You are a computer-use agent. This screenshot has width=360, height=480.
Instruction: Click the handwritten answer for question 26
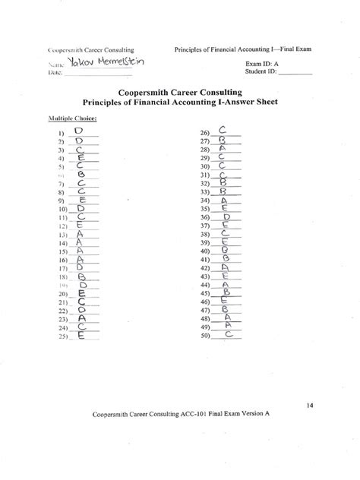pyautogui.click(x=223, y=131)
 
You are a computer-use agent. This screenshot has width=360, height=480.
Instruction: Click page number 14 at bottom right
pyautogui.click(x=311, y=405)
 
